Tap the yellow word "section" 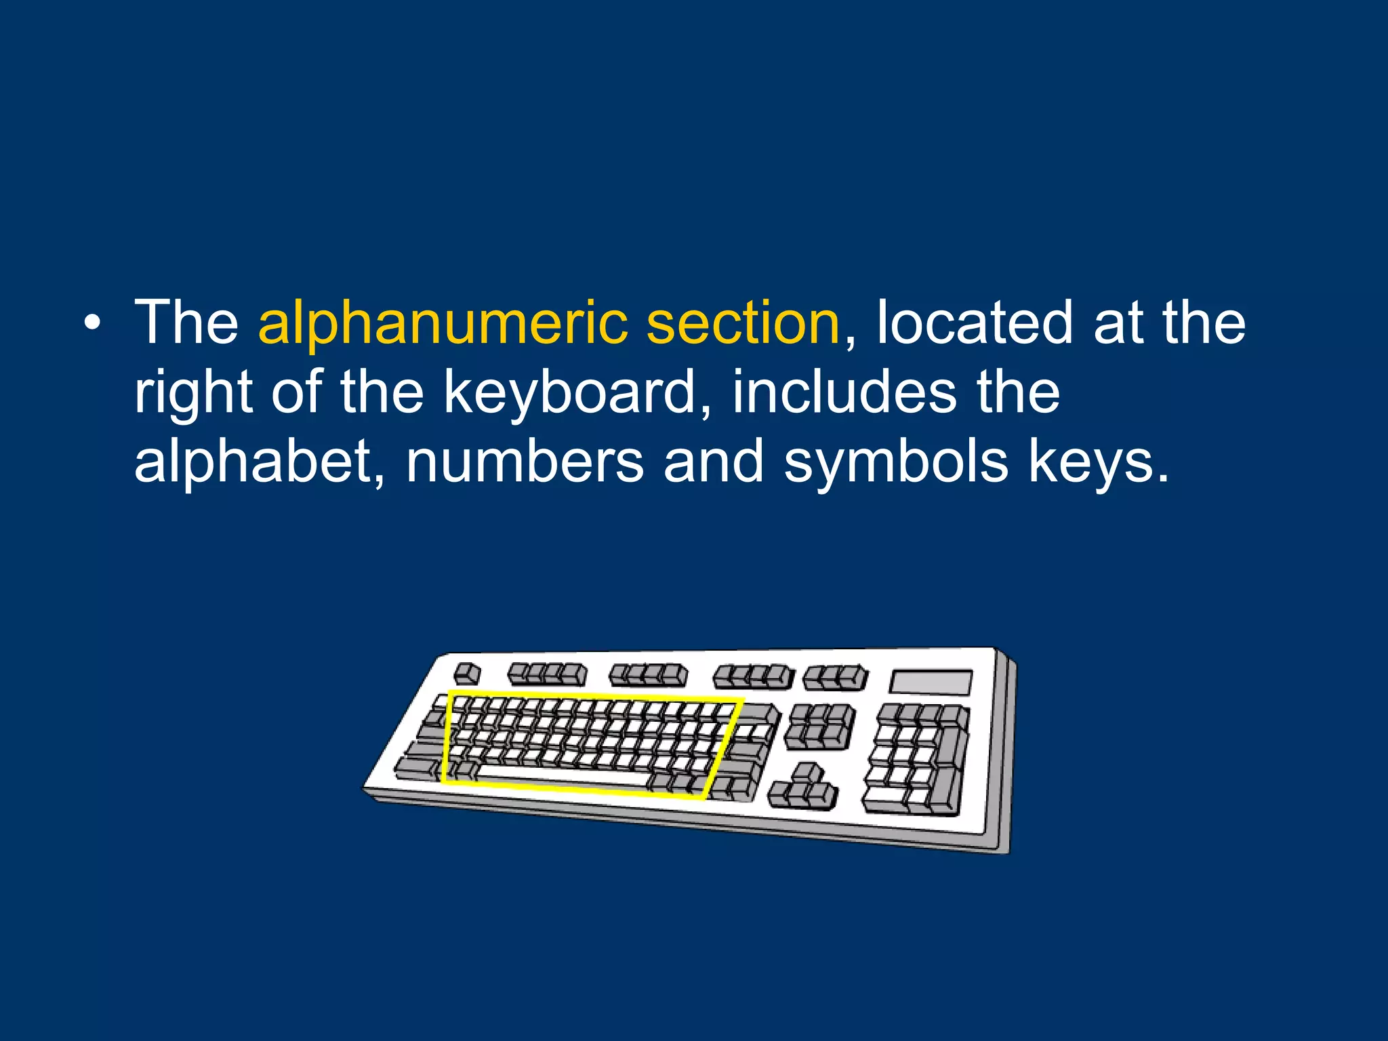pyautogui.click(x=743, y=323)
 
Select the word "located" pyautogui.click(x=975, y=323)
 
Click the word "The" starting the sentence pyautogui.click(x=186, y=323)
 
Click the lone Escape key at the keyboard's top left pyautogui.click(x=466, y=674)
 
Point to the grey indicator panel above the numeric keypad pyautogui.click(x=931, y=682)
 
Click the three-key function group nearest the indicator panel pyautogui.click(x=835, y=676)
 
